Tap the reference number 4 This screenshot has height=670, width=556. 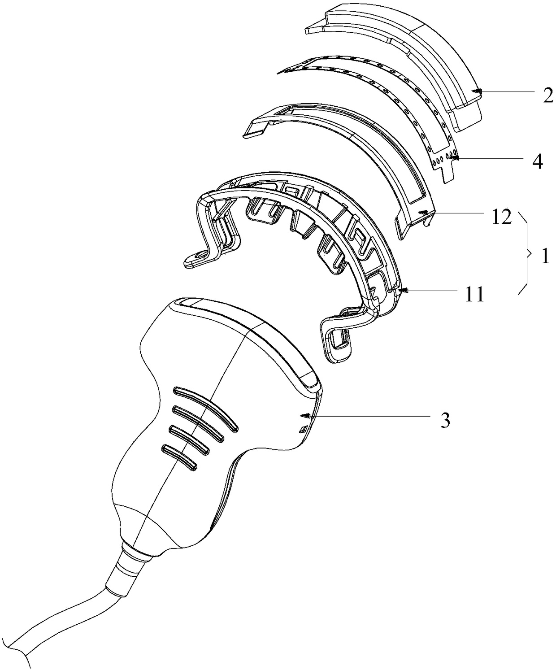[x=537, y=161]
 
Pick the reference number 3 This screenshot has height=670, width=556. [x=444, y=420]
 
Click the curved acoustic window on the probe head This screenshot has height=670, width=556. [x=251, y=334]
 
